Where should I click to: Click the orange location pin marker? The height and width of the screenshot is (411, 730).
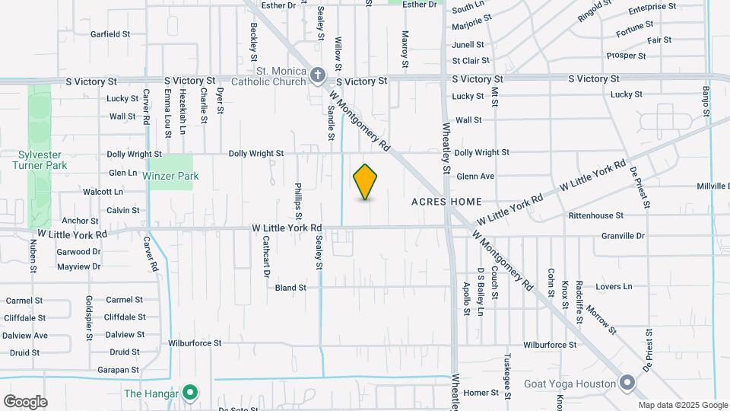pos(366,181)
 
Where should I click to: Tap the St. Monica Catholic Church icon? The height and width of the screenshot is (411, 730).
pos(317,75)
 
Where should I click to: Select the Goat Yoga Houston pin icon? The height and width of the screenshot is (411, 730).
pos(627,382)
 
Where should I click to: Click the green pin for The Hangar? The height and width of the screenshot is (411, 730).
pos(190,393)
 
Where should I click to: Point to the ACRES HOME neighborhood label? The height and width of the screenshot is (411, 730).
pos(446,202)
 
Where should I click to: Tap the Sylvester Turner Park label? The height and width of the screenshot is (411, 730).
pos(42,159)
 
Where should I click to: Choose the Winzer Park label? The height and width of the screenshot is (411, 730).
pos(170,176)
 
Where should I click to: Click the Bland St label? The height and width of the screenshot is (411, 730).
pos(290,288)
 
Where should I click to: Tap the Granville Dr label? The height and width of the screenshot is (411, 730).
pos(622,236)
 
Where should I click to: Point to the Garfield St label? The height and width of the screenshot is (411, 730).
pos(110,34)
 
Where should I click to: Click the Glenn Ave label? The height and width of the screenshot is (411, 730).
pos(475,177)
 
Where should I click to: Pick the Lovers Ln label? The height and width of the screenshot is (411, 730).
pos(614,287)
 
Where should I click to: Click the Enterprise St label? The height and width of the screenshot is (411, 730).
pos(652,7)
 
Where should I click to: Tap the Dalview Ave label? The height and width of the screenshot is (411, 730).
pos(24,335)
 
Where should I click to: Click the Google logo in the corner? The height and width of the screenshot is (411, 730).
pos(25,401)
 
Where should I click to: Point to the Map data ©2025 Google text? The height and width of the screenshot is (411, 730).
pos(682,405)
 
